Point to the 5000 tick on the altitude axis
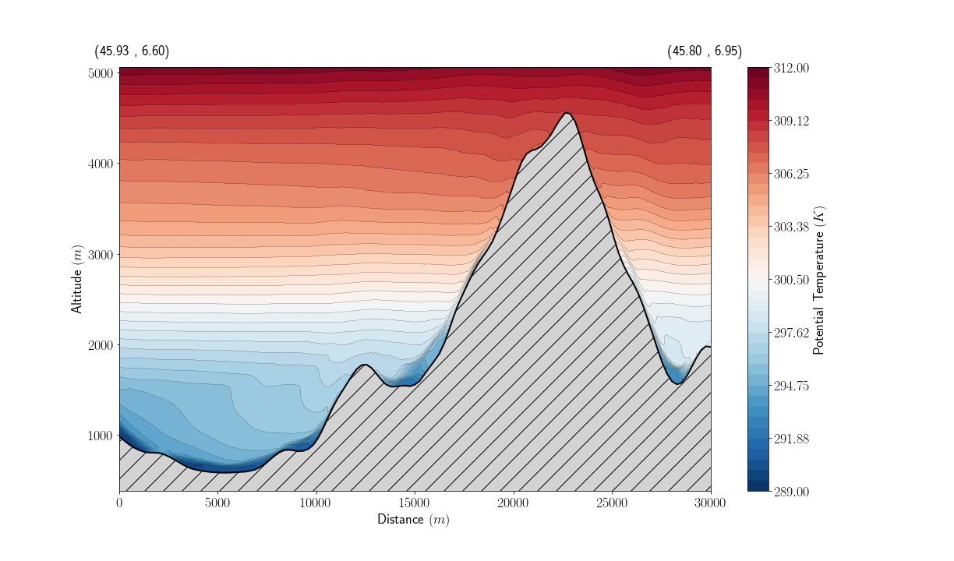click(x=101, y=73)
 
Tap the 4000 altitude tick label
click(x=101, y=164)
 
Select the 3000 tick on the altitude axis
click(x=101, y=255)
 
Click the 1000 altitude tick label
click(x=101, y=436)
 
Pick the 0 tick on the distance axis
click(x=119, y=503)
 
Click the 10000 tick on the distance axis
click(x=316, y=503)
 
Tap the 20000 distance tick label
click(x=514, y=503)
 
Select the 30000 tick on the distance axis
click(x=710, y=503)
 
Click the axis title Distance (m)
click(x=413, y=520)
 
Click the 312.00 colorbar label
click(x=790, y=69)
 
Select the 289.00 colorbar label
click(x=790, y=492)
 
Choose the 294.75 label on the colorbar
click(x=790, y=386)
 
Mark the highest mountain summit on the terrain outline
click(x=567, y=113)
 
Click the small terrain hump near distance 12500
click(x=364, y=365)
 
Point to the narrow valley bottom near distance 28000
click(x=677, y=383)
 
